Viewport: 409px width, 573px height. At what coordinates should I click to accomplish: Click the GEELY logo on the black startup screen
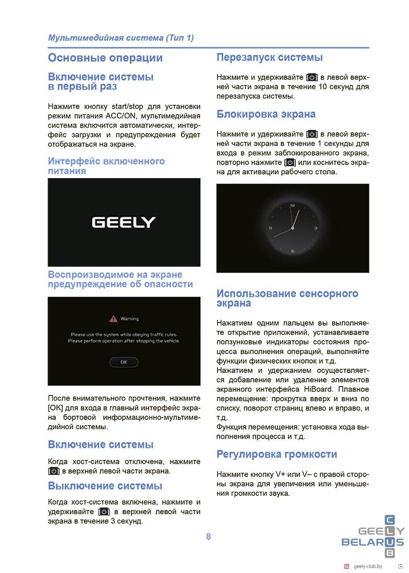point(124,222)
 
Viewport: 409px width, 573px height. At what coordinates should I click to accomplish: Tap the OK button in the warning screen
point(124,362)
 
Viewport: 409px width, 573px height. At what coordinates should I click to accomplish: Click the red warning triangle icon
point(113,318)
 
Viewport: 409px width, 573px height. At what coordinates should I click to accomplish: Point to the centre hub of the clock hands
point(292,228)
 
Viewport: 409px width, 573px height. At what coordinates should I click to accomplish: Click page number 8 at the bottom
point(208,537)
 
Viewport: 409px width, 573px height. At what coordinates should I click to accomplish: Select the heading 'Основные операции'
point(105,58)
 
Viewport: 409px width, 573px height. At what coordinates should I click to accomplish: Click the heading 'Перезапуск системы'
point(269,57)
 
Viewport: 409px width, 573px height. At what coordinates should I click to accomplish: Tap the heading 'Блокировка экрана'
point(266,114)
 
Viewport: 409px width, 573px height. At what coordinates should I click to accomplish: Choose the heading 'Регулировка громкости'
point(276,454)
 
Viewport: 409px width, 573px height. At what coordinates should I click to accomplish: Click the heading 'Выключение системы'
point(105,486)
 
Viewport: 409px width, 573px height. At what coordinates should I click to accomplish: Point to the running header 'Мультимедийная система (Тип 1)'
point(121,38)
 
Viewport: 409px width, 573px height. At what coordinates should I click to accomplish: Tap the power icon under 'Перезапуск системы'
point(312,77)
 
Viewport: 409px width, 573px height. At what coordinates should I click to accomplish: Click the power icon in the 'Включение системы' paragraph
point(54,471)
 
